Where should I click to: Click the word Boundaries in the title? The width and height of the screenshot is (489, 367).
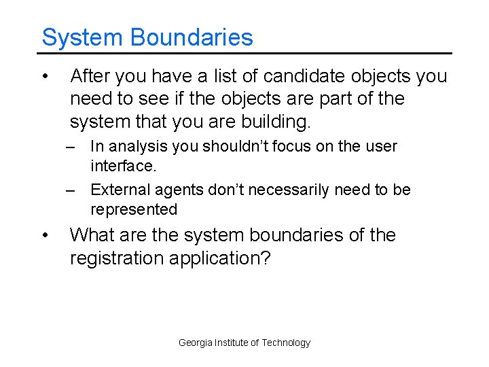(x=192, y=37)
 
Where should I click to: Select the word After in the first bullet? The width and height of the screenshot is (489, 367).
(x=93, y=76)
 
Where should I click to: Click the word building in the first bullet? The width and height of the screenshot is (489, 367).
(x=272, y=122)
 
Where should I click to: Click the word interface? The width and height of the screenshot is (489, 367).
(x=122, y=167)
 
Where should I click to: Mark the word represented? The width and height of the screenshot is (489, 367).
(x=133, y=209)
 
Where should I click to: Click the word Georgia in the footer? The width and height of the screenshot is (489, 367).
(x=195, y=343)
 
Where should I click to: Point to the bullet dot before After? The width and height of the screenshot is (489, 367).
(x=44, y=75)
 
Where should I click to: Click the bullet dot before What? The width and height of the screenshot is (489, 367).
(x=44, y=235)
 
